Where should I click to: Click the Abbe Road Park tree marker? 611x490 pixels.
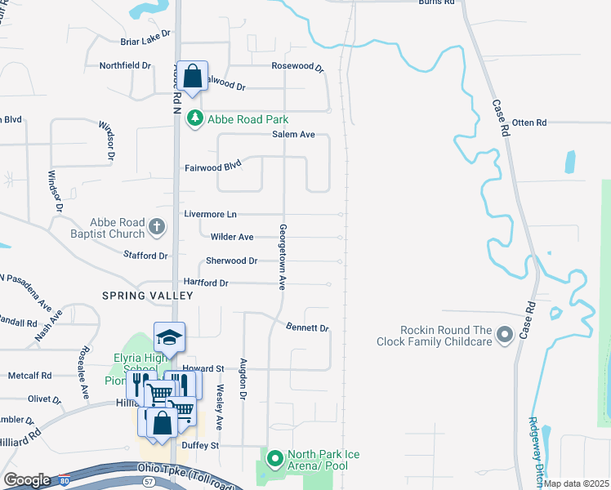pos(194,119)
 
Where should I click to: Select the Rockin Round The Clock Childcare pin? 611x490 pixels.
pos(505,334)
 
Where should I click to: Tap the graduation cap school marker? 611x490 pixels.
pos(170,336)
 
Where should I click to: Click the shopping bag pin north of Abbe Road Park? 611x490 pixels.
pos(192,78)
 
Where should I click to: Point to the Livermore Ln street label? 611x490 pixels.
pos(210,214)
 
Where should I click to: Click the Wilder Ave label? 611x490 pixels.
pos(232,237)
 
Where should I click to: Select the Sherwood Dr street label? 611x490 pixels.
pos(231,261)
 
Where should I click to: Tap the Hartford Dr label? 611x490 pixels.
pos(206,283)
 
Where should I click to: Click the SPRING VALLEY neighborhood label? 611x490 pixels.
pos(147,295)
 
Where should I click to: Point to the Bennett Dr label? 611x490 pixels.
pos(307,328)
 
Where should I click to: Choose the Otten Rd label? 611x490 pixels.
pos(528,122)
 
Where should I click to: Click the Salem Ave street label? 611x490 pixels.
pos(293,135)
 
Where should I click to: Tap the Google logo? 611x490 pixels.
pos(27,480)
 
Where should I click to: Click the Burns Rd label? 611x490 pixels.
pos(435,2)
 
